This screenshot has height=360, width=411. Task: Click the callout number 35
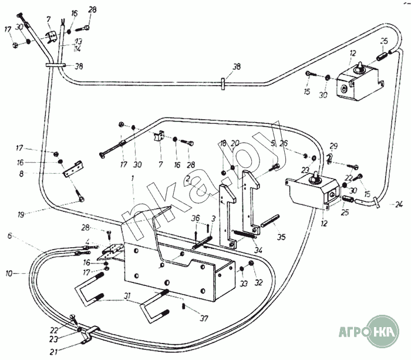click(x=282, y=237)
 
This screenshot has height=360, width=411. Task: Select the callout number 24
click(x=399, y=204)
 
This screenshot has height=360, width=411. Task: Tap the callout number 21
click(x=53, y=352)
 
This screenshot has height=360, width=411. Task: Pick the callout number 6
click(x=10, y=235)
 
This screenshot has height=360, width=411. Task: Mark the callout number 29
click(x=333, y=146)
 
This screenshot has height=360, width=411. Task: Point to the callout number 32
click(x=258, y=282)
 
